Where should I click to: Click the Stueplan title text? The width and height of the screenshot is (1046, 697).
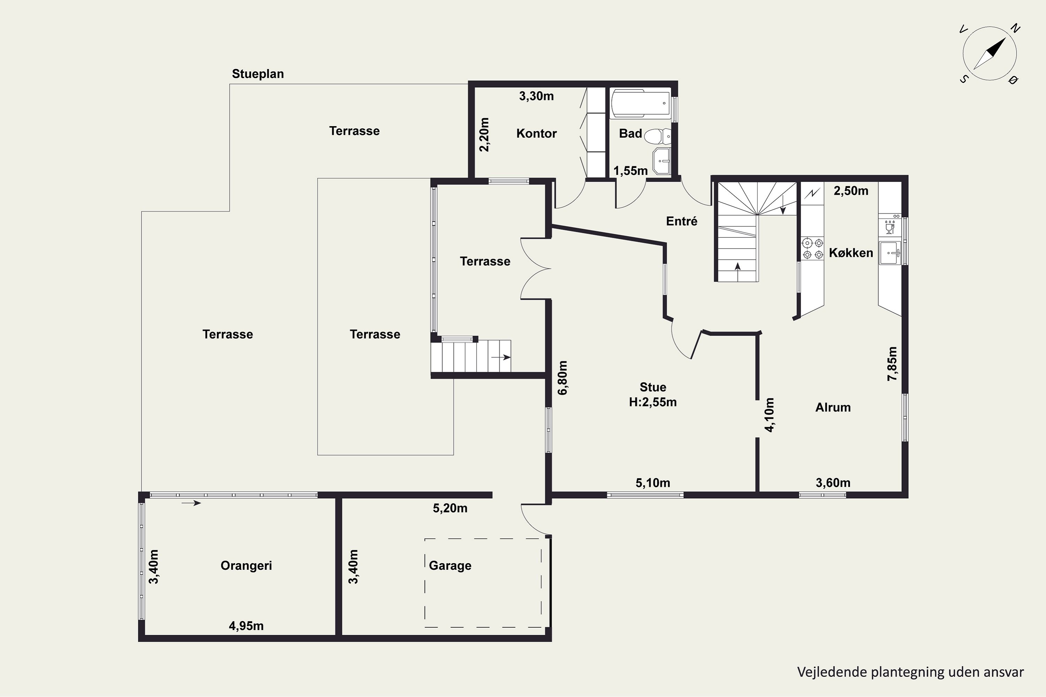tap(258, 74)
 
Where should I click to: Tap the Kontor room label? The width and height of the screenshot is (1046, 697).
tap(536, 133)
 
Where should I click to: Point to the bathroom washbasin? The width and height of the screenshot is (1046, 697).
tap(662, 161)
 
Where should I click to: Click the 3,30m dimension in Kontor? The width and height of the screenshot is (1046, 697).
tap(536, 96)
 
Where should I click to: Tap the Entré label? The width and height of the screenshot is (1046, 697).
tap(682, 221)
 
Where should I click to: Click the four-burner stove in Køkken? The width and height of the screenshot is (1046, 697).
tap(812, 249)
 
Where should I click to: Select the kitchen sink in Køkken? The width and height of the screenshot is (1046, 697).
tap(890, 253)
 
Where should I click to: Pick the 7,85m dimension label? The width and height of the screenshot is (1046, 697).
tap(892, 363)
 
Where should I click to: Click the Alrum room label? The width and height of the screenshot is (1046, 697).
tap(833, 407)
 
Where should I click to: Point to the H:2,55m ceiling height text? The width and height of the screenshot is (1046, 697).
tap(653, 402)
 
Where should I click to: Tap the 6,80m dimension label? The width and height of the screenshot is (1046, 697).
tap(563, 378)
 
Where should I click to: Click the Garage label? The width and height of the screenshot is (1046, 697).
tap(450, 566)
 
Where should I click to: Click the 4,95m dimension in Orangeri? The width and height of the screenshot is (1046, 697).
tap(247, 626)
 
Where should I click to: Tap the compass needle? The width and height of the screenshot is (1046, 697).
tap(990, 54)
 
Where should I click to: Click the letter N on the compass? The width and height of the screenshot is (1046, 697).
tap(1015, 29)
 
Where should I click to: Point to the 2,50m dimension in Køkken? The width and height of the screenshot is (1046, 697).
tap(851, 191)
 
